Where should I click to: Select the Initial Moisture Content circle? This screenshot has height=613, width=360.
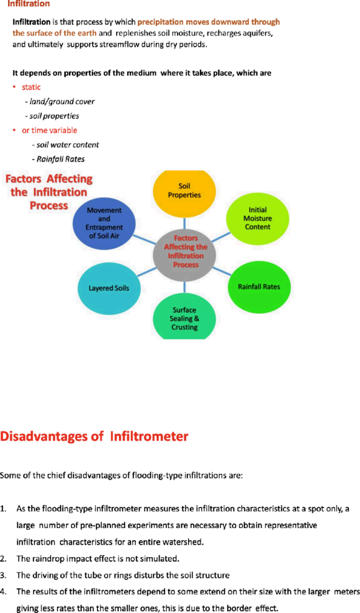tap(258, 218)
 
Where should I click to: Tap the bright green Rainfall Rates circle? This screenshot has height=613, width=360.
tap(259, 287)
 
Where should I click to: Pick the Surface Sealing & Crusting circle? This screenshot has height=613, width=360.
tap(184, 319)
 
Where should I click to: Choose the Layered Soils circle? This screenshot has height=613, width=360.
tap(109, 289)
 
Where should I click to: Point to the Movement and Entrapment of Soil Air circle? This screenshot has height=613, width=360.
tap(104, 223)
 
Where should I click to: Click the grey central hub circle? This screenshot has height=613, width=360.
tap(186, 251)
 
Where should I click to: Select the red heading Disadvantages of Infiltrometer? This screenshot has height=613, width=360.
tap(94, 436)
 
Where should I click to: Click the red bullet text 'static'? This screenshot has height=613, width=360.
tap(31, 87)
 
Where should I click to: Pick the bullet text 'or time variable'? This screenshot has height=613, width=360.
tap(49, 130)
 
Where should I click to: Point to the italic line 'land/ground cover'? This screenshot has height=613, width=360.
tap(60, 102)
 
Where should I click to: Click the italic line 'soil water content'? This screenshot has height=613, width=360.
tap(65, 145)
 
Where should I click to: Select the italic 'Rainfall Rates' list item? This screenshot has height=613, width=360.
tap(58, 159)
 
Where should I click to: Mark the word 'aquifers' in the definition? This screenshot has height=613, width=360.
tap(256, 34)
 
